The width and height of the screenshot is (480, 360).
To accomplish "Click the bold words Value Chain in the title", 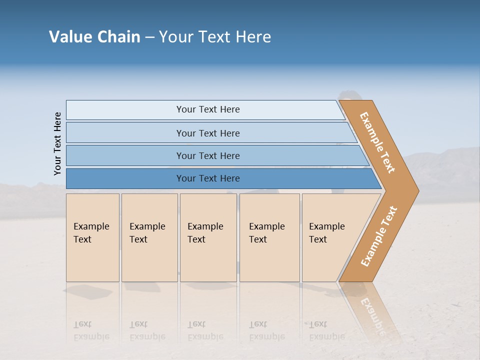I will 94,37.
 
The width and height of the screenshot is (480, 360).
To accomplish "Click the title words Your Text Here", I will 215,37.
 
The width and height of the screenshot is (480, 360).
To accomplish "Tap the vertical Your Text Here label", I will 57,143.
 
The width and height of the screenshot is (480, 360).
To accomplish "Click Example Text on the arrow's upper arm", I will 377,143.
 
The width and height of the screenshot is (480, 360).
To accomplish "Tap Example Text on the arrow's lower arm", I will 379,236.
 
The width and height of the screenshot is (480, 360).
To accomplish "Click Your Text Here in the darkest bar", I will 208,178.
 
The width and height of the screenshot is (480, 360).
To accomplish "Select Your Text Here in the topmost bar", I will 208,109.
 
